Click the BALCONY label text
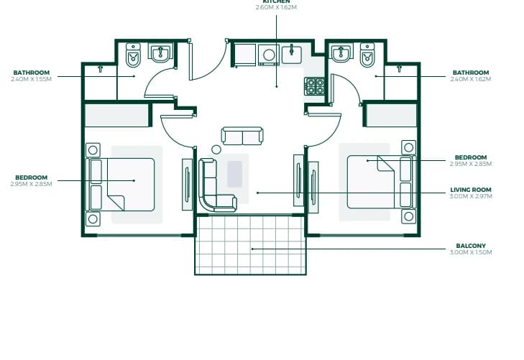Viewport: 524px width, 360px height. (x=471, y=246)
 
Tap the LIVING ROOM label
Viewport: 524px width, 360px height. (x=471, y=190)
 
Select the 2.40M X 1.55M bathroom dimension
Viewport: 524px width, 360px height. (x=31, y=79)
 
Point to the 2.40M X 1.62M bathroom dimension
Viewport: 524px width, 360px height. (x=471, y=79)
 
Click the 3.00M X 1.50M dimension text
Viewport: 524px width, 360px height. (x=471, y=252)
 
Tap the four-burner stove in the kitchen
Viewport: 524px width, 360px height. (x=314, y=86)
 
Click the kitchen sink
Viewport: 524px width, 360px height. (x=292, y=54)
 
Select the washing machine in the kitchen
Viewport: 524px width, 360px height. (x=269, y=55)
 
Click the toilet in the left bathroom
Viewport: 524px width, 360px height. (x=133, y=55)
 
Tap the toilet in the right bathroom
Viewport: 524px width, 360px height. (x=367, y=55)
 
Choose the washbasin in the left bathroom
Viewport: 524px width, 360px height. (x=160, y=52)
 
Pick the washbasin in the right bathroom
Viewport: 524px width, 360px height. (x=341, y=52)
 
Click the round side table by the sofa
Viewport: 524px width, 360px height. (x=216, y=149)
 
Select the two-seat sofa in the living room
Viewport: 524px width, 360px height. (x=242, y=136)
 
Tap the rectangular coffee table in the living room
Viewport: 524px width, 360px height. (x=234, y=174)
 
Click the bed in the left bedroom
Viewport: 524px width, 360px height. (x=120, y=185)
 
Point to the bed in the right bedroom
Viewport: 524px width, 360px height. (x=381, y=182)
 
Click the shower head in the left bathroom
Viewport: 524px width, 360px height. (x=100, y=69)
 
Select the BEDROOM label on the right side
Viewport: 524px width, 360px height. (x=471, y=157)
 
